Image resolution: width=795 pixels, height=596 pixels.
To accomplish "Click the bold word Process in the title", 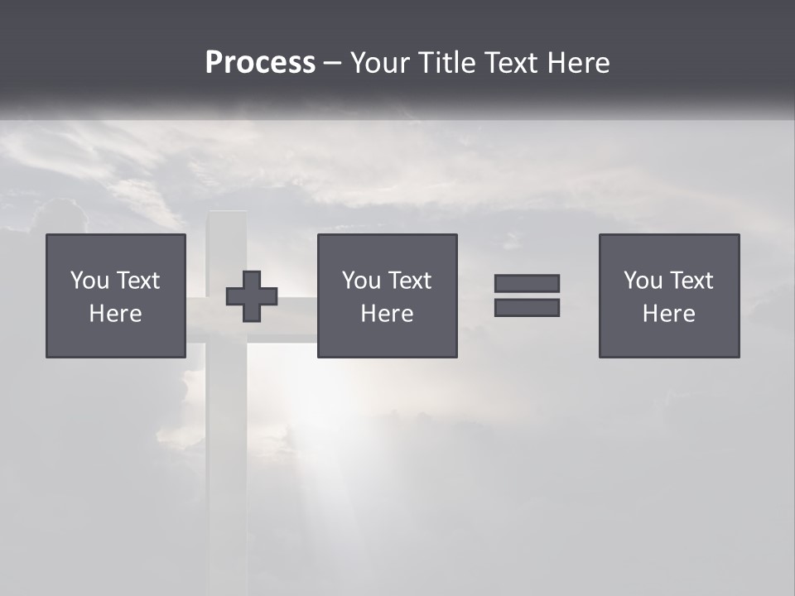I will point(260,63).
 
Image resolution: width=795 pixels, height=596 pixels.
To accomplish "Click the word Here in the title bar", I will point(579,63).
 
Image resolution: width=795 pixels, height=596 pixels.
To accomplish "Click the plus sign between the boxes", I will point(252,296).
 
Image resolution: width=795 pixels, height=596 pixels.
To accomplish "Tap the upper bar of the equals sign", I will point(527,283).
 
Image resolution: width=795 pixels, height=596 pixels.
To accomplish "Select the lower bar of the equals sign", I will point(527,308).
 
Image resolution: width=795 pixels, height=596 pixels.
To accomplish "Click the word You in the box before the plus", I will point(89,281).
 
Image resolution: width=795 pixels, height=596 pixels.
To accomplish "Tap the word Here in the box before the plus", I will point(115,314).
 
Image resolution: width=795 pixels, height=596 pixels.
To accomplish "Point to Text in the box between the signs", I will point(409,281).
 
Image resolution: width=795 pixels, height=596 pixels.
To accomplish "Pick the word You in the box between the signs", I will point(361,281).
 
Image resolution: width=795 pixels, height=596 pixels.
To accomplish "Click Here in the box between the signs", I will point(387,314).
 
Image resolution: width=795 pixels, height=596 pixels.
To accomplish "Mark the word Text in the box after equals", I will point(691,281).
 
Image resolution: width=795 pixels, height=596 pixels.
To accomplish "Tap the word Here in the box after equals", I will point(668,314).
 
